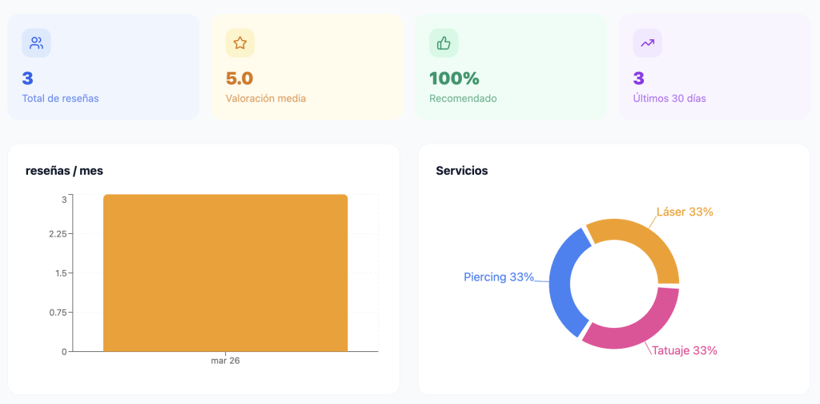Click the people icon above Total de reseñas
(x=36, y=43)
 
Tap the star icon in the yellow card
(x=239, y=43)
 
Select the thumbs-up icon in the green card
(x=444, y=43)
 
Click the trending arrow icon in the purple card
(x=647, y=43)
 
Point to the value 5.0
(x=239, y=79)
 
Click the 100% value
(x=454, y=79)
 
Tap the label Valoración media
(x=266, y=99)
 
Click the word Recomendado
(x=463, y=99)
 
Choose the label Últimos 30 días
(x=669, y=99)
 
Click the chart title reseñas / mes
(x=64, y=170)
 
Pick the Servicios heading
(x=461, y=170)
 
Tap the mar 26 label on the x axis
(x=225, y=361)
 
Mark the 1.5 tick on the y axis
(x=60, y=273)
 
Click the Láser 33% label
(x=685, y=212)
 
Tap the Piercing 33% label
(x=498, y=277)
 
